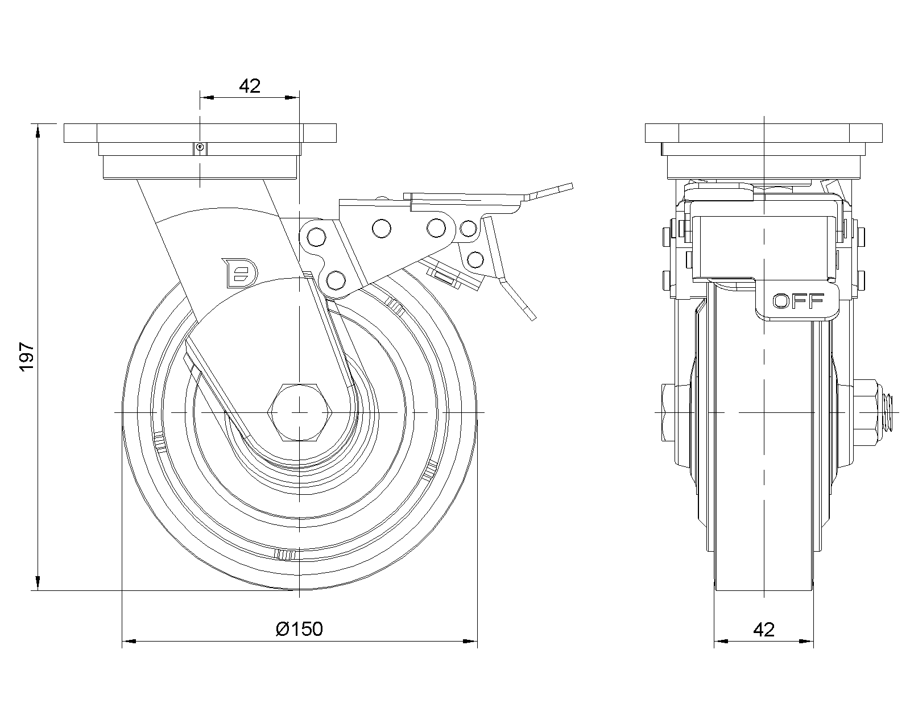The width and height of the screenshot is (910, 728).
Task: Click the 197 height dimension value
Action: tap(27, 357)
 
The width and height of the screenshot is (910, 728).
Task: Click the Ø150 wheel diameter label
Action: tap(299, 629)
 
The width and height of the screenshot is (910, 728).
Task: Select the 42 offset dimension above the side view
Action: tap(250, 86)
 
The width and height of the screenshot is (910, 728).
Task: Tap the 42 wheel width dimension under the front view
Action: tap(764, 630)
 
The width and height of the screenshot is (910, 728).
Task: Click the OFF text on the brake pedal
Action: tap(799, 301)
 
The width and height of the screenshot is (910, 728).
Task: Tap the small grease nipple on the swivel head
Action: tap(200, 148)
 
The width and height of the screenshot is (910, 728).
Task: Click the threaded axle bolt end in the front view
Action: tap(890, 411)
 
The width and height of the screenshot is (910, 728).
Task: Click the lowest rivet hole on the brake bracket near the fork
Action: tap(336, 280)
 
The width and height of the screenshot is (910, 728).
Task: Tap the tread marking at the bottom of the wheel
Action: tap(285, 555)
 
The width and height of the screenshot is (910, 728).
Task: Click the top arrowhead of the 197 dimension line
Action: tap(38, 131)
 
